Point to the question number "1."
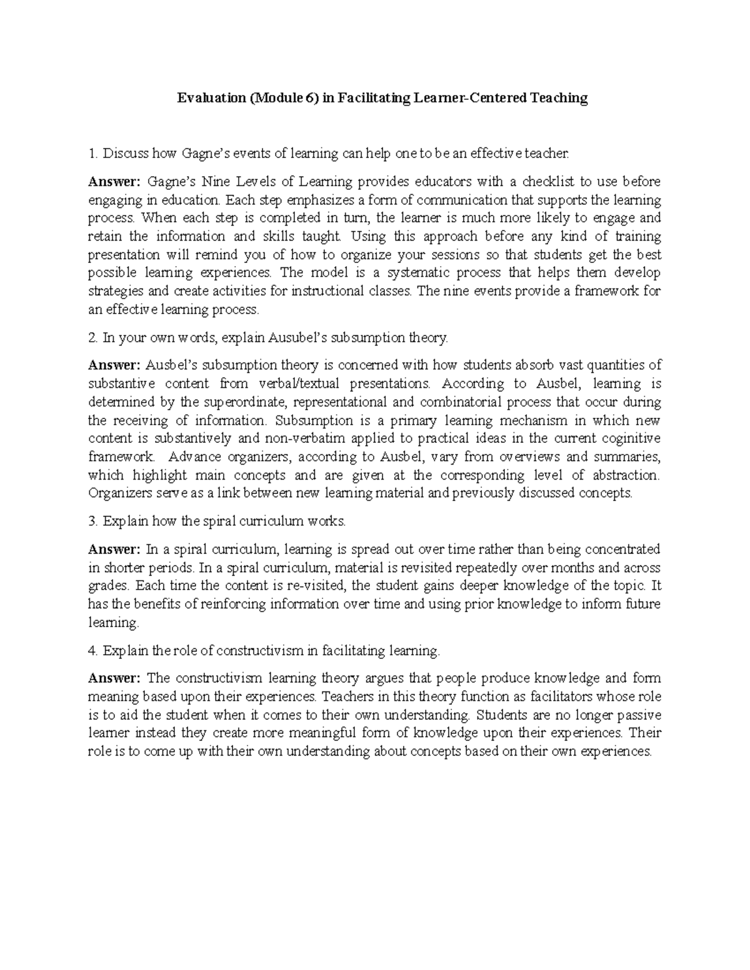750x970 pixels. pos(94,153)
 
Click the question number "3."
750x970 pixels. pos(94,521)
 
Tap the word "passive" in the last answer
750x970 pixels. pos(640,715)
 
